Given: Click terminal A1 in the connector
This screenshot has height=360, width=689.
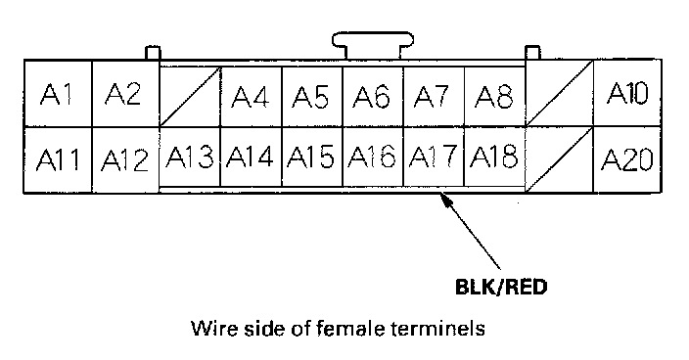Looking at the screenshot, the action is pyautogui.click(x=58, y=94).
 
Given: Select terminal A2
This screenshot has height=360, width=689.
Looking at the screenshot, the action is pyautogui.click(x=125, y=94).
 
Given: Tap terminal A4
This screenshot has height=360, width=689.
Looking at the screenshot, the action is pyautogui.click(x=251, y=97).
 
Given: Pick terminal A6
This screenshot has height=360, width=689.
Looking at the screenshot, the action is pyautogui.click(x=373, y=97).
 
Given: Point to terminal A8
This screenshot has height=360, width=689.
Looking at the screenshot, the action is pyautogui.click(x=494, y=97).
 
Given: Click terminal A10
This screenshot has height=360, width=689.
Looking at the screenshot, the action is pyautogui.click(x=627, y=94).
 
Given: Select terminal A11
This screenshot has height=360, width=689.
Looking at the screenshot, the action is pyautogui.click(x=58, y=159).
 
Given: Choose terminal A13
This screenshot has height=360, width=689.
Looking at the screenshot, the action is pyautogui.click(x=190, y=157).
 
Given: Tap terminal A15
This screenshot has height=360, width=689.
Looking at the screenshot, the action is pyautogui.click(x=312, y=157).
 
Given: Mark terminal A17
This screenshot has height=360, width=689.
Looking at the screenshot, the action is pyautogui.click(x=434, y=157).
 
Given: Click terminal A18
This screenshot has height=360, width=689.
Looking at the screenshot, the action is pyautogui.click(x=494, y=157).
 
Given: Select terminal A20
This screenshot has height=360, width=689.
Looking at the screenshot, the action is pyautogui.click(x=627, y=159).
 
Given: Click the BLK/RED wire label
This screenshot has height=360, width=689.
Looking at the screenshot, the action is pyautogui.click(x=501, y=288).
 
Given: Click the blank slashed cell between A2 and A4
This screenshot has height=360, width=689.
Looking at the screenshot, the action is pyautogui.click(x=190, y=97).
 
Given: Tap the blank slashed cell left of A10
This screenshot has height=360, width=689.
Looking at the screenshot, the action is pyautogui.click(x=560, y=94).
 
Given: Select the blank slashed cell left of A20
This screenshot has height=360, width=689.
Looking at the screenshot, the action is pyautogui.click(x=560, y=159).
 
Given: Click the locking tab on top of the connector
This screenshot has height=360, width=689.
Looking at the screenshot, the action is pyautogui.click(x=373, y=45).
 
